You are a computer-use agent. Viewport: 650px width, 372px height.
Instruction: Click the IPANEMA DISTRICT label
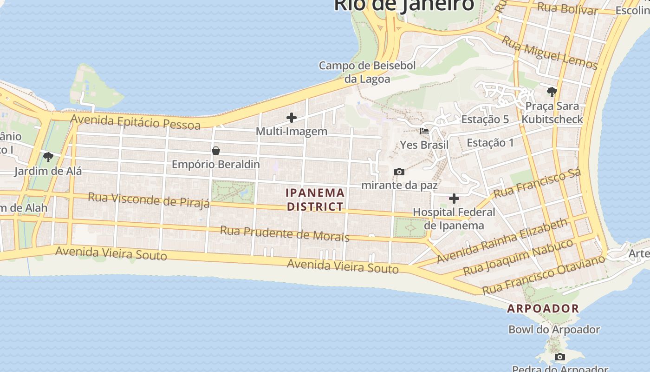pyautogui.click(x=316, y=199)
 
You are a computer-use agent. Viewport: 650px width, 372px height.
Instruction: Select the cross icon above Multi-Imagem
pyautogui.click(x=292, y=118)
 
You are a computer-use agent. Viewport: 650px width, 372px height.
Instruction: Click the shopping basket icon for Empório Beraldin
pyautogui.click(x=216, y=151)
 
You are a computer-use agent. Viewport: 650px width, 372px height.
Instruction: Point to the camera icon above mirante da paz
pyautogui.click(x=399, y=172)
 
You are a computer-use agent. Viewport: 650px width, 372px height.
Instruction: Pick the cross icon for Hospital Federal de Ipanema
pyautogui.click(x=454, y=199)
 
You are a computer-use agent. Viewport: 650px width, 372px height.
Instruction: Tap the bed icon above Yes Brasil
pyautogui.click(x=424, y=131)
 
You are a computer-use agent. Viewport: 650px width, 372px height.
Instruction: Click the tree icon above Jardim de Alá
pyautogui.click(x=48, y=157)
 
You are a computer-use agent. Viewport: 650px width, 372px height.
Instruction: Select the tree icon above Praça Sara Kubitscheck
pyautogui.click(x=552, y=92)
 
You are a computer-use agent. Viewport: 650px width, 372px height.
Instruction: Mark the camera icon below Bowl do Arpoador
pyautogui.click(x=560, y=357)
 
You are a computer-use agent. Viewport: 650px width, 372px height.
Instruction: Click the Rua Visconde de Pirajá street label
pyautogui.click(x=149, y=199)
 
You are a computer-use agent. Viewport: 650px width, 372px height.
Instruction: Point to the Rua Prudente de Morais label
pyautogui.click(x=284, y=233)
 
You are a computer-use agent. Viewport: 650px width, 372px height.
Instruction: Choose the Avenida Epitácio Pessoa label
pyautogui.click(x=135, y=122)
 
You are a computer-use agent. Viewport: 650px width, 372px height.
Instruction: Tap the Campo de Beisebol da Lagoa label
pyautogui.click(x=367, y=72)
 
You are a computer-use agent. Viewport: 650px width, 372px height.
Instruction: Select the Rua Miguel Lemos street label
pyautogui.click(x=550, y=53)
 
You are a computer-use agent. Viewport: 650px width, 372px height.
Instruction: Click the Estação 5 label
pyautogui.click(x=485, y=120)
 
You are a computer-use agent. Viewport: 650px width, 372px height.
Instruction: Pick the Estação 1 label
pyautogui.click(x=490, y=143)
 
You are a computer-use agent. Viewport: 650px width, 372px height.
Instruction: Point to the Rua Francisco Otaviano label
pyautogui.click(x=544, y=274)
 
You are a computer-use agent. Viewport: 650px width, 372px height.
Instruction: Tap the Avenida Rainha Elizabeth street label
pyautogui.click(x=502, y=240)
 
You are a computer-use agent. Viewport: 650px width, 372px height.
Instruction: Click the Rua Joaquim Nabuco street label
pyautogui.click(x=518, y=257)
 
